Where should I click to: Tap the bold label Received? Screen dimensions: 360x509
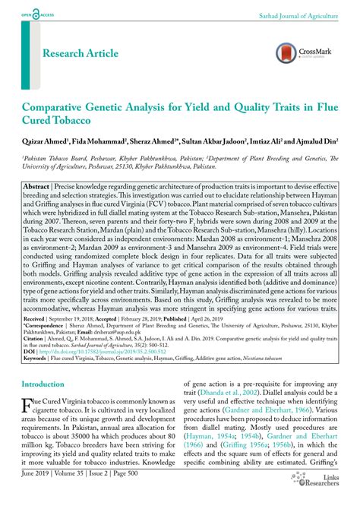click(34, 321)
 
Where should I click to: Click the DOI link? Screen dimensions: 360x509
click(91, 352)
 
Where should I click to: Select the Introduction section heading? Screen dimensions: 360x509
click(43, 384)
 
